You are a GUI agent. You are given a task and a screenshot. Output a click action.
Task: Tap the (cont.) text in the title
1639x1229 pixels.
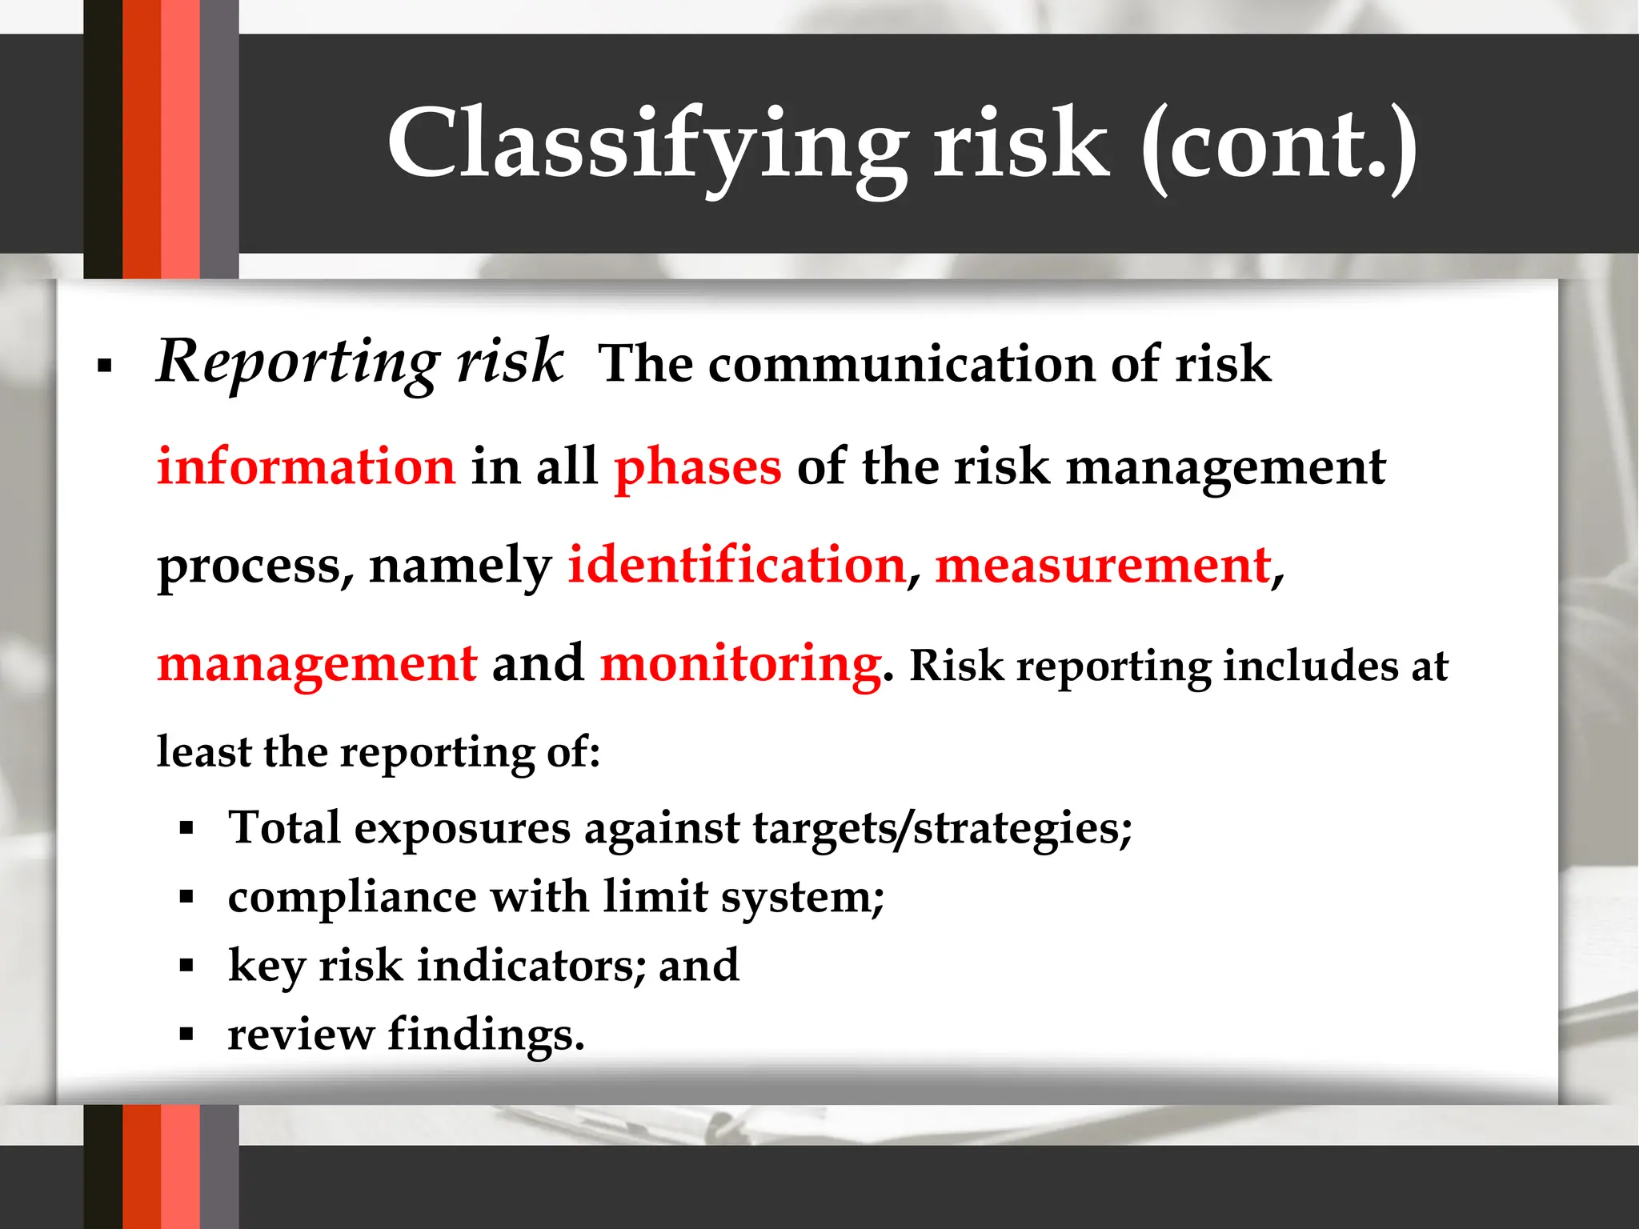point(1278,144)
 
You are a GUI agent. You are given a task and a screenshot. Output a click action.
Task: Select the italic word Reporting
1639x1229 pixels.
point(297,362)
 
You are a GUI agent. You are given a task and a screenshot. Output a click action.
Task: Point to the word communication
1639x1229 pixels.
point(900,364)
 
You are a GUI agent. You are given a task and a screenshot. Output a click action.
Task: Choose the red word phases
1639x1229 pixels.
point(697,468)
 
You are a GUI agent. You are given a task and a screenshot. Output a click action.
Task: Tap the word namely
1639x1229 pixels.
point(460,566)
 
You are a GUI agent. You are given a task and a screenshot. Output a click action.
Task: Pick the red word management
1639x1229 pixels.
point(317,664)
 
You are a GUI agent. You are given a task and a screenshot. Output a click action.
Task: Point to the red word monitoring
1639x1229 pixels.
point(740,664)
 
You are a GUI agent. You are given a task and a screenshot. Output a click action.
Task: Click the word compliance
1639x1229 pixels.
point(352,896)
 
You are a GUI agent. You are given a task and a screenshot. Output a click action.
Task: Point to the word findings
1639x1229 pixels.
point(486,1034)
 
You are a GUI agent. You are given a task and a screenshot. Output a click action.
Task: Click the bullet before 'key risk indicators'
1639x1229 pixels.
point(187,966)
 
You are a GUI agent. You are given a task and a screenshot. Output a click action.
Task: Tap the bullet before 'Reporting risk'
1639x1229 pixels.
point(104,366)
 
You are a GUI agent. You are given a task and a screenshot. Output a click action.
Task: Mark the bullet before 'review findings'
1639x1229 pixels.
point(187,1035)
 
